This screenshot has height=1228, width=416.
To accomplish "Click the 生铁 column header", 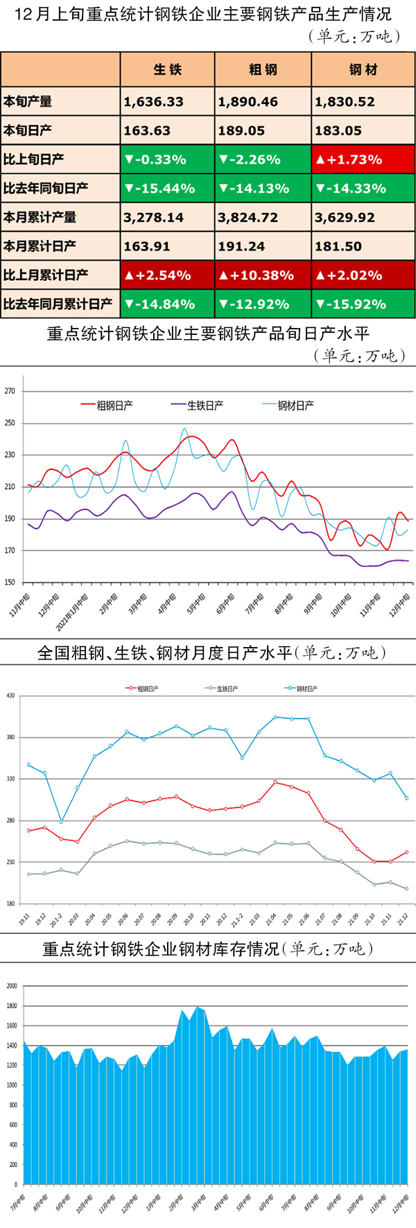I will [x=168, y=69].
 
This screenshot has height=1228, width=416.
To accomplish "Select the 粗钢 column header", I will [x=263, y=69].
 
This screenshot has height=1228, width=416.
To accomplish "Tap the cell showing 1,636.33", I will [x=154, y=102].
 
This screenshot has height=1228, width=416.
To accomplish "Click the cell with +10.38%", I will [x=257, y=275].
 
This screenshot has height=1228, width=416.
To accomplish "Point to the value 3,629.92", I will [x=345, y=218].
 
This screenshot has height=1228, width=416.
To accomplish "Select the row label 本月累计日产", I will [x=40, y=246].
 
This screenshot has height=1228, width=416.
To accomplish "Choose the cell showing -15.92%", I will [x=351, y=304].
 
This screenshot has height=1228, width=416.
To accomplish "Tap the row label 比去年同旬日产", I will [x=46, y=189].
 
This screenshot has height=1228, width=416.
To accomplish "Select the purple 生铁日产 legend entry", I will [x=198, y=405].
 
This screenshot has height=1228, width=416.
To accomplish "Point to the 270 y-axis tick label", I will [x=10, y=391].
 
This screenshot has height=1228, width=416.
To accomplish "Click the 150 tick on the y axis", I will [x=10, y=582].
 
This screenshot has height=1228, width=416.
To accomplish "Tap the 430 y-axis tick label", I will [x=10, y=695].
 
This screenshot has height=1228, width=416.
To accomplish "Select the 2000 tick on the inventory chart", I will [x=11, y=985].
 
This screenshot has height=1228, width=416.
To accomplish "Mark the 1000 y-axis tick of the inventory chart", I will [x=11, y=1085].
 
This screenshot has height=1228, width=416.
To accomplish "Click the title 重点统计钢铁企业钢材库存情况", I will [x=208, y=949].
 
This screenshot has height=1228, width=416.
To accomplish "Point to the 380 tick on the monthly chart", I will [x=10, y=737].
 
